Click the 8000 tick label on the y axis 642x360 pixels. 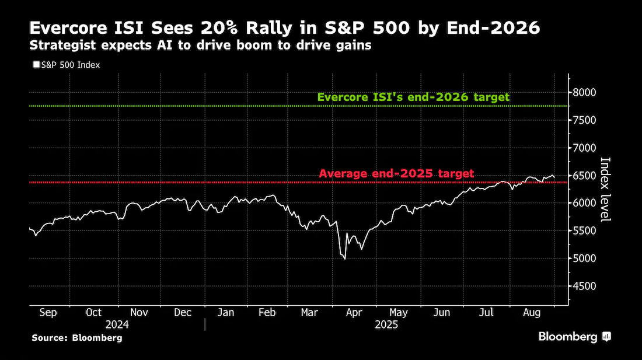[x=585, y=92]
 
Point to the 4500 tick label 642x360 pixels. [x=585, y=286]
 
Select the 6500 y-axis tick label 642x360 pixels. [x=585, y=176]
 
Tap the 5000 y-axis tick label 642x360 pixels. [x=585, y=258]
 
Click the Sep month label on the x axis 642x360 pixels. [x=48, y=313]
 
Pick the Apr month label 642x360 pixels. [x=354, y=313]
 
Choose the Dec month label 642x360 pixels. [x=183, y=313]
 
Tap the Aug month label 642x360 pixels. [x=532, y=313]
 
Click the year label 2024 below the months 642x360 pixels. [x=117, y=325]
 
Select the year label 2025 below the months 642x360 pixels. [x=386, y=325]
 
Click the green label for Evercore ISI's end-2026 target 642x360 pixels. [x=414, y=97]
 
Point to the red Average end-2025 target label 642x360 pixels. [x=396, y=173]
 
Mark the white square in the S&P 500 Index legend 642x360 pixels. [x=36, y=65]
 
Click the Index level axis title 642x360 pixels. [x=605, y=190]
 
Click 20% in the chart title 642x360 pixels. [x=221, y=28]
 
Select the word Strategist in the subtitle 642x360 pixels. [x=62, y=46]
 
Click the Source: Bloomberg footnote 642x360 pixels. [x=77, y=338]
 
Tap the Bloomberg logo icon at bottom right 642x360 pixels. [x=606, y=337]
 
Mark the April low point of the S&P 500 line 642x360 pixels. [x=345, y=259]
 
